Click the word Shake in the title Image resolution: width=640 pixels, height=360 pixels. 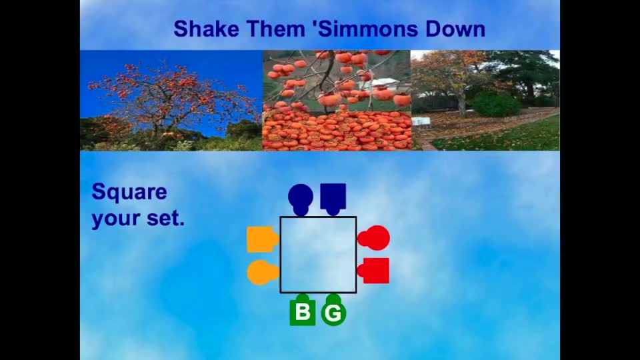206,29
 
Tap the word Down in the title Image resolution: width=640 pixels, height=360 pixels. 455,29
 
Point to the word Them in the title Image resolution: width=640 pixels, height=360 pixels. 276,29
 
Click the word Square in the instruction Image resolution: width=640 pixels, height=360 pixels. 129,193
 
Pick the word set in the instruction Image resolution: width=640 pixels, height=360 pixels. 166,219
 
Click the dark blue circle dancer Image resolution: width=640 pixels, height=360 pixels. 301,199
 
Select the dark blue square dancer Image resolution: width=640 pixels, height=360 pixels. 333,199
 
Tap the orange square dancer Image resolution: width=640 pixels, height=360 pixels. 263,239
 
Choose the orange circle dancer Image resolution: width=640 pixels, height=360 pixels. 263,272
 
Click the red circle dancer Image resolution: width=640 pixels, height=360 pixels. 373,237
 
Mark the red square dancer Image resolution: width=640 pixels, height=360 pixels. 373,270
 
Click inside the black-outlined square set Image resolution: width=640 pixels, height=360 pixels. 318,255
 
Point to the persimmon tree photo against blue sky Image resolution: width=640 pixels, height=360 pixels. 171,101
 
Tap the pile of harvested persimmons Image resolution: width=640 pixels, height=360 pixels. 337,131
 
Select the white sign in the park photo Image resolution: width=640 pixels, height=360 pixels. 421,121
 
